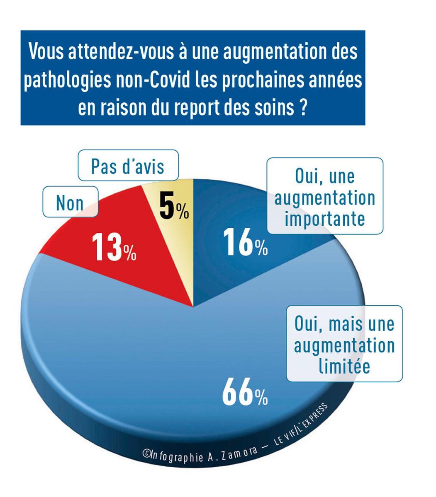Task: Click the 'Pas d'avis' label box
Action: click(x=128, y=166)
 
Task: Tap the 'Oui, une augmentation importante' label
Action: click(x=324, y=197)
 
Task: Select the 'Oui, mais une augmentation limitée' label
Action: click(x=344, y=344)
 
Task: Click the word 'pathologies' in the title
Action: click(x=68, y=80)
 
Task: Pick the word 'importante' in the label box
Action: click(x=324, y=218)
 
